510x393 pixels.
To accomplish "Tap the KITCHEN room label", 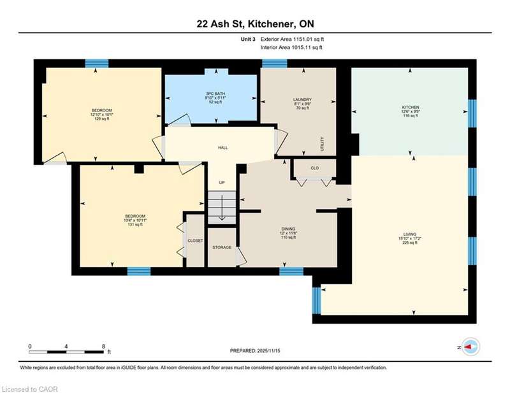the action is (x=411, y=107).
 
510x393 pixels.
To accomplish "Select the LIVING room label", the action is (x=410, y=234).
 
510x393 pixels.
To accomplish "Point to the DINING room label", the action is (x=289, y=229).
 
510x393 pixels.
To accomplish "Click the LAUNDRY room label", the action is (x=302, y=99).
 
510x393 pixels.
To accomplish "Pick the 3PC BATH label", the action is (x=215, y=94).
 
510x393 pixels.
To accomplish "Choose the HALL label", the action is (x=222, y=148).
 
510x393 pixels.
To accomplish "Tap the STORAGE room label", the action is (x=222, y=247).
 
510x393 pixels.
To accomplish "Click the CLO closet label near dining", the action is (x=315, y=168).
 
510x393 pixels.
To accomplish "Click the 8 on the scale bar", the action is (x=103, y=347).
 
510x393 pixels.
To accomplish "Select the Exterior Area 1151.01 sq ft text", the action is (x=292, y=39).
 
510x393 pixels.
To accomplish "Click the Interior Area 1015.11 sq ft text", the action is (x=291, y=48).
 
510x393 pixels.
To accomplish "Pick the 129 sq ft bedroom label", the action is (x=101, y=119).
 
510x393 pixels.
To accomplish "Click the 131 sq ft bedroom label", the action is (x=135, y=224).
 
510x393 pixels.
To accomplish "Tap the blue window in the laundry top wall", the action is (x=275, y=63).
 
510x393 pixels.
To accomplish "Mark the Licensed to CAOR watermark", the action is (x=29, y=389).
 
